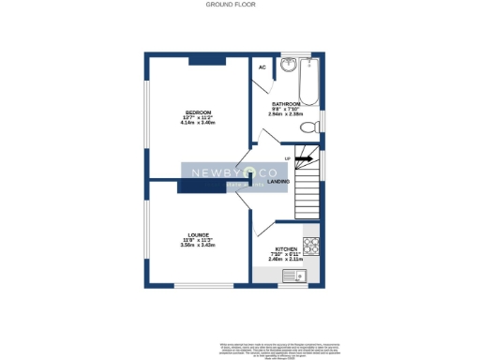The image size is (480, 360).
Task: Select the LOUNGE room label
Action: coord(198,234)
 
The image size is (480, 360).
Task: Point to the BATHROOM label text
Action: coord(286,103)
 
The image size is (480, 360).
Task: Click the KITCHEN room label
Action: coord(286,249)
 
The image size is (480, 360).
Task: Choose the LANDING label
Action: coord(278,181)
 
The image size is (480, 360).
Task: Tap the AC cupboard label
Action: coord(262,67)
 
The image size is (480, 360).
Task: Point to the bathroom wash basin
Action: coord(292,66)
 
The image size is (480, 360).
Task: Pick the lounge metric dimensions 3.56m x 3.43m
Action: coord(198,245)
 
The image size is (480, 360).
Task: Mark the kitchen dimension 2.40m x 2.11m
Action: coord(286,260)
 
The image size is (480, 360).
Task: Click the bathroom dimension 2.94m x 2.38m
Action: coord(286,113)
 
